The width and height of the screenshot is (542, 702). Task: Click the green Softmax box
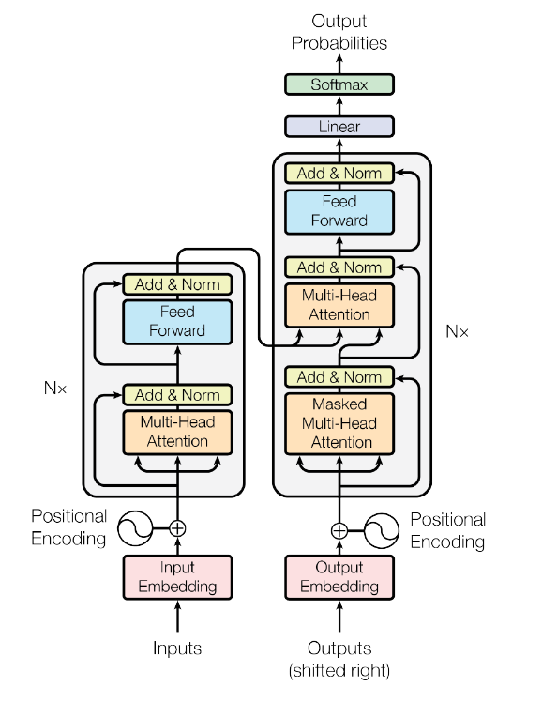(339, 85)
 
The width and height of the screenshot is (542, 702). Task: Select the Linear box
(339, 127)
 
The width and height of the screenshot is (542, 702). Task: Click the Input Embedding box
(177, 577)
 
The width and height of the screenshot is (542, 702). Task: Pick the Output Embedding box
(339, 577)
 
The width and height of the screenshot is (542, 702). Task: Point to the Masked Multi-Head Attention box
(339, 422)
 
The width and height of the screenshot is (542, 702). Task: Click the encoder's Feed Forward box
(177, 321)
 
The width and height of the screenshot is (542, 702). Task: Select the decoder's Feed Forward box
(339, 211)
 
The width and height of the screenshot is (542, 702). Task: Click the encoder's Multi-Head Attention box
(177, 431)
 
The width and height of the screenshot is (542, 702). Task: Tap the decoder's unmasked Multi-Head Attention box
(339, 305)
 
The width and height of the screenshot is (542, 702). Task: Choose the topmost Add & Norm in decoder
(339, 173)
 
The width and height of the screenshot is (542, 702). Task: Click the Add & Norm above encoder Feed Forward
(177, 284)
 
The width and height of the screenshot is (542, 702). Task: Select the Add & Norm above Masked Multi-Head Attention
(339, 377)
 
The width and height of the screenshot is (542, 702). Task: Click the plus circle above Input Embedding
(177, 528)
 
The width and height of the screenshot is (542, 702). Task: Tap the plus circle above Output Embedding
(339, 530)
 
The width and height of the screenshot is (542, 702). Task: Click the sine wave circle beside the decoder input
(384, 530)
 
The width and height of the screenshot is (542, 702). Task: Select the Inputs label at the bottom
(177, 649)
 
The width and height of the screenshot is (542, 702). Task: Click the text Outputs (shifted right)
(339, 659)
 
